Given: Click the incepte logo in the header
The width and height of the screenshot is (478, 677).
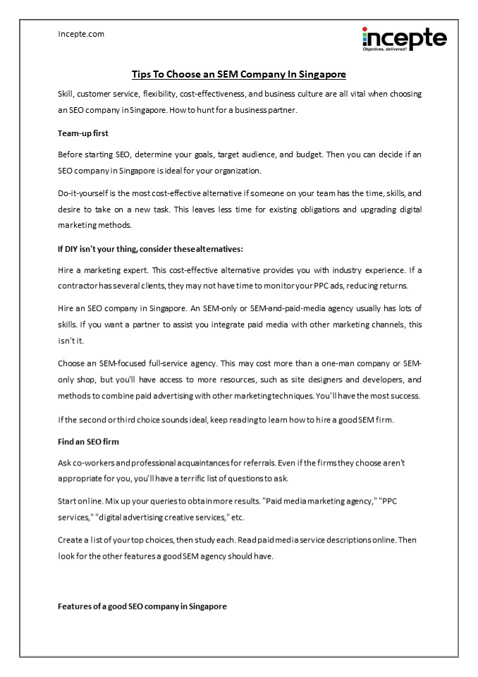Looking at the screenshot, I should [x=404, y=37].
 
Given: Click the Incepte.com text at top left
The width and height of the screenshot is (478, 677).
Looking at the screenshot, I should [x=80, y=33].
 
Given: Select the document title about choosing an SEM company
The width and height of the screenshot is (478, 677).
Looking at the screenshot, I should [x=239, y=73].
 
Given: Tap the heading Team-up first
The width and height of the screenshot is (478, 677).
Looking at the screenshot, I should [x=82, y=133].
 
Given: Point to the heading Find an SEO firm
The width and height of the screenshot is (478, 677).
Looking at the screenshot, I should [x=87, y=442].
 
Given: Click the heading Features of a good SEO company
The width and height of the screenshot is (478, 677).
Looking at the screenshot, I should [x=142, y=606].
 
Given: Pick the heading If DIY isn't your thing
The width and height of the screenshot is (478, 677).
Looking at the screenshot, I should [x=150, y=249].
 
